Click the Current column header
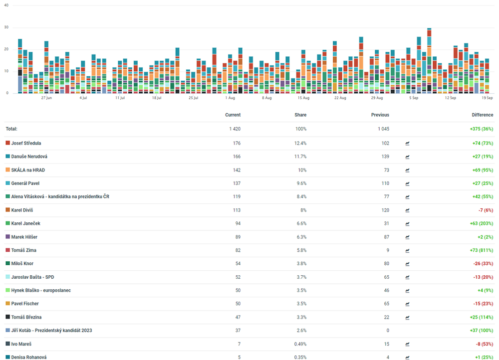(x=233, y=115)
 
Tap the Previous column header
(x=380, y=115)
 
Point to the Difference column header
(x=483, y=115)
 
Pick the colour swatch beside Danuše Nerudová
(x=8, y=157)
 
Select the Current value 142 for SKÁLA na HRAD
(x=237, y=170)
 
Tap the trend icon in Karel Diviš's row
(x=408, y=210)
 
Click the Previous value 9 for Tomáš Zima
(x=387, y=250)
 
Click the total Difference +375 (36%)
(x=481, y=129)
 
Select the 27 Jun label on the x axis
(x=46, y=98)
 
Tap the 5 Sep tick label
(x=414, y=98)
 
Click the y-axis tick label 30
(x=6, y=27)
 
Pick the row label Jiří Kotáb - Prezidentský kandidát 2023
(x=52, y=331)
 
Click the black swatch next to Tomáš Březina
(x=8, y=317)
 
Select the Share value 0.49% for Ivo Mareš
(x=299, y=344)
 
